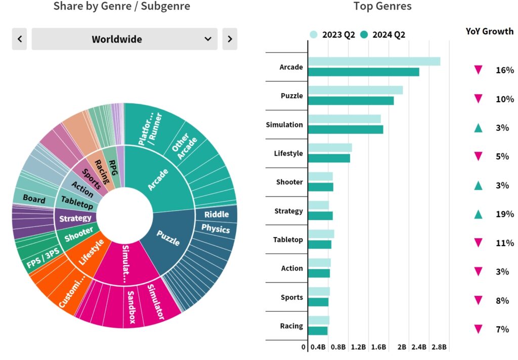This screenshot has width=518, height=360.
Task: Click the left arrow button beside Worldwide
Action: pos(20,39)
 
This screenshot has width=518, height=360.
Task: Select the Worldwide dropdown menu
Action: pos(124,39)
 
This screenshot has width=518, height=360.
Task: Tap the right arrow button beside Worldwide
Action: pos(230,39)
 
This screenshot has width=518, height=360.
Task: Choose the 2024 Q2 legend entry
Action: pos(383,34)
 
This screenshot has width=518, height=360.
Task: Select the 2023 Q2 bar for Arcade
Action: pos(374,61)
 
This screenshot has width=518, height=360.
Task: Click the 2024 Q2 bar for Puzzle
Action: pos(351,101)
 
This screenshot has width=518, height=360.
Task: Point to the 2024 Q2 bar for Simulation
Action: pos(346,129)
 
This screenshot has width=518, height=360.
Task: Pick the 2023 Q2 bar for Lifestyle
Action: pos(330,148)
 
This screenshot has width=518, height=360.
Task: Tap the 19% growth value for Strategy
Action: pos(504,214)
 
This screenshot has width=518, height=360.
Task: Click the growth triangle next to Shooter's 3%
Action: pos(478,186)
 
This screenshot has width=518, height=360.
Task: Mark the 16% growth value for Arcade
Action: pos(504,70)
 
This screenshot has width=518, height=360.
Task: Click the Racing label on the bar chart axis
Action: pos(291,326)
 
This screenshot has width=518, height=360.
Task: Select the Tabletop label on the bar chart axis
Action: pos(288,240)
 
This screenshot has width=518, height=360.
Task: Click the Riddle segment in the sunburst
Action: pos(217,214)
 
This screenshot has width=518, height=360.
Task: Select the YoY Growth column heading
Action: pos(489,31)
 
